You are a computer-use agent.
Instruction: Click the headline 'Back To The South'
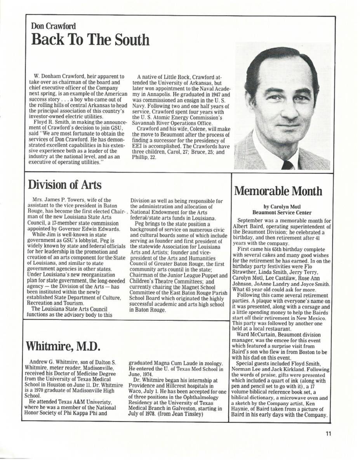(x=90, y=40)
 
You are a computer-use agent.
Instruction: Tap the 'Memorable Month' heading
(x=278, y=191)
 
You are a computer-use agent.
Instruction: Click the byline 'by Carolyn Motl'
(x=282, y=207)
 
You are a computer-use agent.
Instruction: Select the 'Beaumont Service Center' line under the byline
(x=282, y=212)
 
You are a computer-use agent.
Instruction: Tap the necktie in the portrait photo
(x=287, y=165)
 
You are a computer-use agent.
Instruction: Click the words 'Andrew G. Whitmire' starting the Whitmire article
(x=53, y=362)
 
